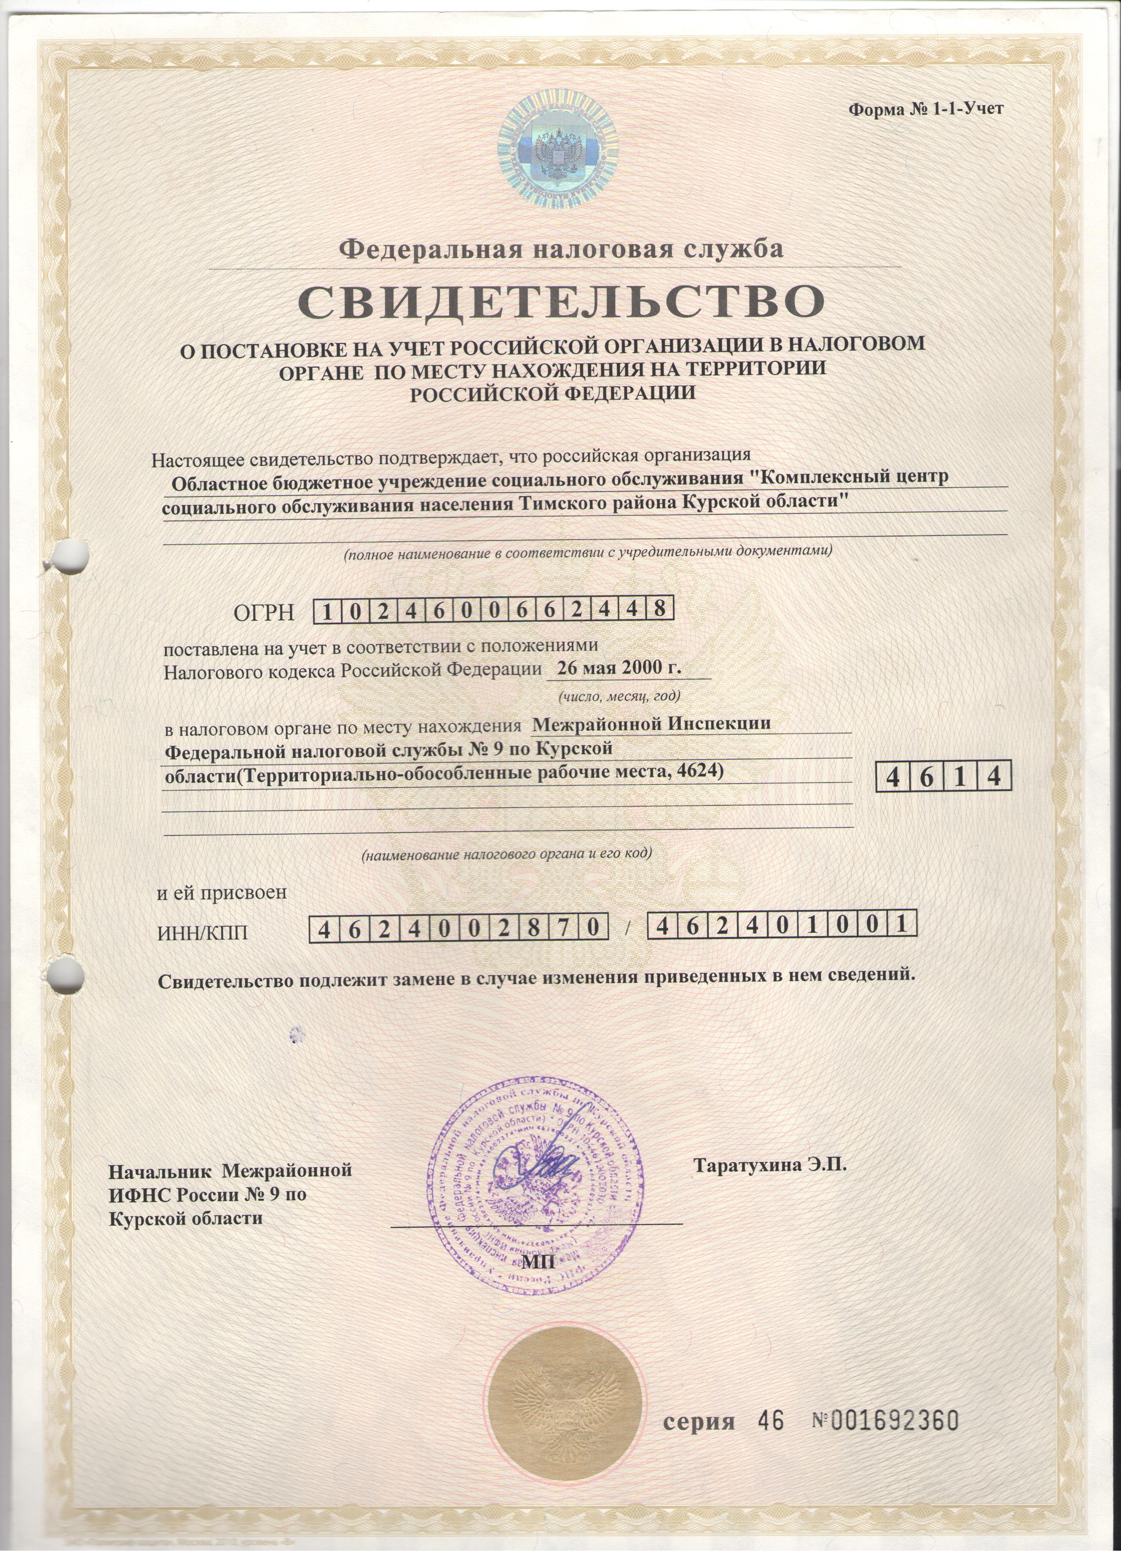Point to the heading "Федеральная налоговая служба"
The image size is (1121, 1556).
pyautogui.click(x=561, y=248)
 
